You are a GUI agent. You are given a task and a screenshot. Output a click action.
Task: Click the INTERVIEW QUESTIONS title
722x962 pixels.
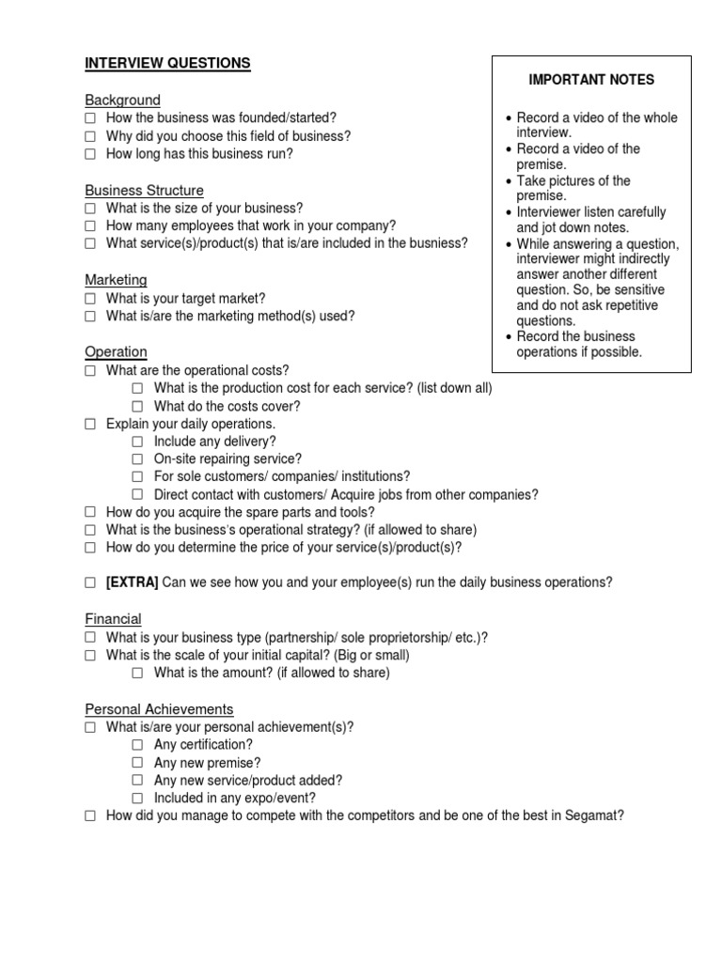pos(167,63)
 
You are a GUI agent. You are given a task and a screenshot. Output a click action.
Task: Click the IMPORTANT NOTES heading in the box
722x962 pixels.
pos(591,80)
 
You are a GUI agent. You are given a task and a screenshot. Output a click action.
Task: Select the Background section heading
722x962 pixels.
pos(122,100)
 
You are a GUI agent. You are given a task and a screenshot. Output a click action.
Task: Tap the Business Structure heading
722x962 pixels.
pos(144,190)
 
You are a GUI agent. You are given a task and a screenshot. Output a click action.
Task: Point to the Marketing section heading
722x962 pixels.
pos(116,280)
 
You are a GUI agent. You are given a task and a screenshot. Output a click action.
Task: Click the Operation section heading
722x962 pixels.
pos(116,351)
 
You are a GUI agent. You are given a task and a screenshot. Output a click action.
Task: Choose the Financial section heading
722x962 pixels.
pos(113,618)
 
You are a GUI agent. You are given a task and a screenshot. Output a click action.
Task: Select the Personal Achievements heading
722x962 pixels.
pos(159,708)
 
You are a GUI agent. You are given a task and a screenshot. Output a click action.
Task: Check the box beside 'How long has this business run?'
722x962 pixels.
pos(90,154)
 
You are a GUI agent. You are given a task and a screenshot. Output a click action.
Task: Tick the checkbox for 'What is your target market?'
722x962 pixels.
pos(90,298)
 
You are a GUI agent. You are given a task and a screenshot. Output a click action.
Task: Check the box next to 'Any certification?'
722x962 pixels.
pos(137,745)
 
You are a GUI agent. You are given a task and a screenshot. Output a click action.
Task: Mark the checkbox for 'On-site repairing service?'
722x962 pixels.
pos(137,459)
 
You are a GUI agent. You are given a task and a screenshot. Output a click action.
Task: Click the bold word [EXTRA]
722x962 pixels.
pos(132,582)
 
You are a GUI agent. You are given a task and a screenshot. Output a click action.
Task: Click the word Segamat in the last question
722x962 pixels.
pos(592,815)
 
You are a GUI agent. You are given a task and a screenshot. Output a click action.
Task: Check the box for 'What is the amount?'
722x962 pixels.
pos(137,673)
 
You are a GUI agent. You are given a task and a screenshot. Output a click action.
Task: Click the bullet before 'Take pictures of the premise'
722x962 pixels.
pos(508,181)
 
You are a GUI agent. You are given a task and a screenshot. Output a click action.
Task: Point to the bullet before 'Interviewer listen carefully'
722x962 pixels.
pos(508,213)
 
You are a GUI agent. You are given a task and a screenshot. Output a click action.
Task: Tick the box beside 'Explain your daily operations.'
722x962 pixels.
pos(90,424)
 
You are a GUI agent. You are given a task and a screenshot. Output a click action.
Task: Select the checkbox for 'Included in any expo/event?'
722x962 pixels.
pos(137,799)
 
